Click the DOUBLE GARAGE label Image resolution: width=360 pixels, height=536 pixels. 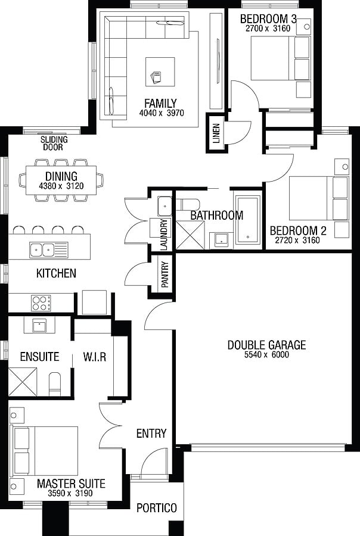(x=266, y=345)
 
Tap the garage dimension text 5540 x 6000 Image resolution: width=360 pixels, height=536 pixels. (x=266, y=355)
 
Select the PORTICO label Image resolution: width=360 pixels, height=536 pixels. (x=157, y=508)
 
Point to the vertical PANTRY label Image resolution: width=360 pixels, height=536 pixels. (x=165, y=274)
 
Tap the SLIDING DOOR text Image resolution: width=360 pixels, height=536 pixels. (x=54, y=144)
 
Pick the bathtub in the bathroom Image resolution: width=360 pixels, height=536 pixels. (x=247, y=220)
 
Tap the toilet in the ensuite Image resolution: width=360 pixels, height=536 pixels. (x=55, y=382)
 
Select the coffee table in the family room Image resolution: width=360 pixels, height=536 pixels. (x=160, y=76)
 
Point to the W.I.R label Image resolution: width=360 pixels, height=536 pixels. (x=94, y=357)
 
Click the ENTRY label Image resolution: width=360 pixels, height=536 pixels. (x=151, y=433)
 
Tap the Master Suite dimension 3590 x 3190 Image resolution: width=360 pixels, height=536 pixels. (x=71, y=494)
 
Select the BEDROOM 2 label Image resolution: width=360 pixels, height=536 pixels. (x=298, y=231)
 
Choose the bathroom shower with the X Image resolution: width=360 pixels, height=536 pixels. (x=193, y=234)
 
